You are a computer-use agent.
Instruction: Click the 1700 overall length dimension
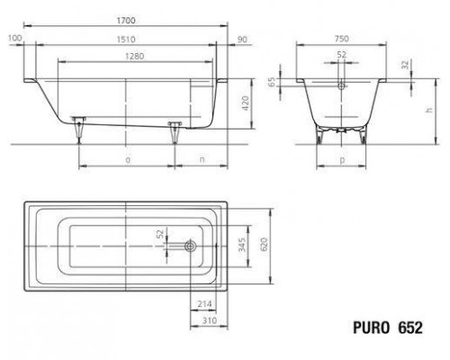(126, 21)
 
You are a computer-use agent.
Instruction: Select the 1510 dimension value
(126, 40)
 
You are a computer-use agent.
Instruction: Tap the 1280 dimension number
(135, 56)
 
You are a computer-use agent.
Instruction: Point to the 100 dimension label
(15, 38)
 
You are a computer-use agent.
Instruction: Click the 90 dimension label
(242, 40)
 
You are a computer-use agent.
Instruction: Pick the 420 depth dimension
(246, 103)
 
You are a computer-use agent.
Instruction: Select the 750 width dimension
(341, 39)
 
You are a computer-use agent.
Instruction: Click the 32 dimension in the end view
(405, 65)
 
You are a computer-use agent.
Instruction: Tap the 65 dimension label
(271, 82)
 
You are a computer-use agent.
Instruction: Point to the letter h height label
(429, 110)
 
